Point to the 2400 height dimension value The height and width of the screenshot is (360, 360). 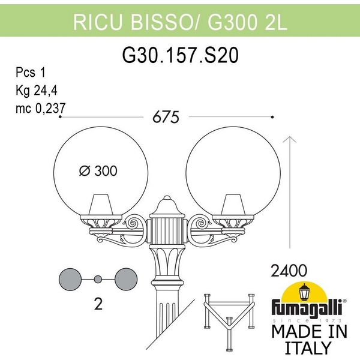coord(289,270)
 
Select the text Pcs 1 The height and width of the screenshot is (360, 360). coord(31,73)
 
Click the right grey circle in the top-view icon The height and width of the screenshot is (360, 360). coord(125,278)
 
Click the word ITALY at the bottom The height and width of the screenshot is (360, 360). coord(307,347)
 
